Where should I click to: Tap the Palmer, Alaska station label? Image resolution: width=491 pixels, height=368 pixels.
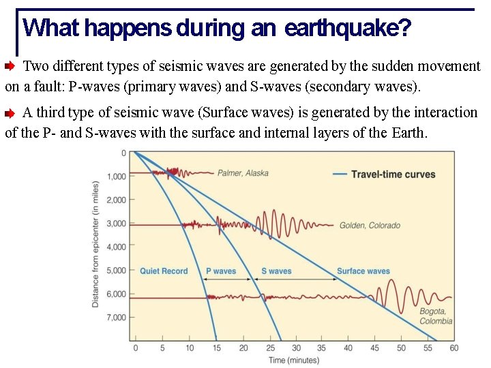click(243, 173)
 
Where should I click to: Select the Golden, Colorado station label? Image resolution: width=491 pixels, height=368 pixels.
click(370, 226)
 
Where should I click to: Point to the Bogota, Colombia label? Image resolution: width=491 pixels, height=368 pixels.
click(435, 316)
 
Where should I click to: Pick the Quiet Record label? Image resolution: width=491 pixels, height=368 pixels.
click(164, 271)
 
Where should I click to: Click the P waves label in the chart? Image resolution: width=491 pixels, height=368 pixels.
click(221, 271)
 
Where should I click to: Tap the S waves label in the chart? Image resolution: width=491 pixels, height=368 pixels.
click(276, 271)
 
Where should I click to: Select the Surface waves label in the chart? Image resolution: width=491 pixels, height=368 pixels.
click(363, 271)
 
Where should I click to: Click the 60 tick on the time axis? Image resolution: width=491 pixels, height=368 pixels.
click(454, 348)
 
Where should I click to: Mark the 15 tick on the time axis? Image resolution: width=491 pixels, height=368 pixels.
click(215, 348)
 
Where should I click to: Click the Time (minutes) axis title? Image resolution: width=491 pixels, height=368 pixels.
click(293, 360)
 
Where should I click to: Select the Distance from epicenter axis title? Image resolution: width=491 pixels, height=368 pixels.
click(96, 244)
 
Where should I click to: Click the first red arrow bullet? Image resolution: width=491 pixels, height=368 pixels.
click(11, 67)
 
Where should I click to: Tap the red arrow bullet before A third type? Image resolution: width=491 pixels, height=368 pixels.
click(11, 113)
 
